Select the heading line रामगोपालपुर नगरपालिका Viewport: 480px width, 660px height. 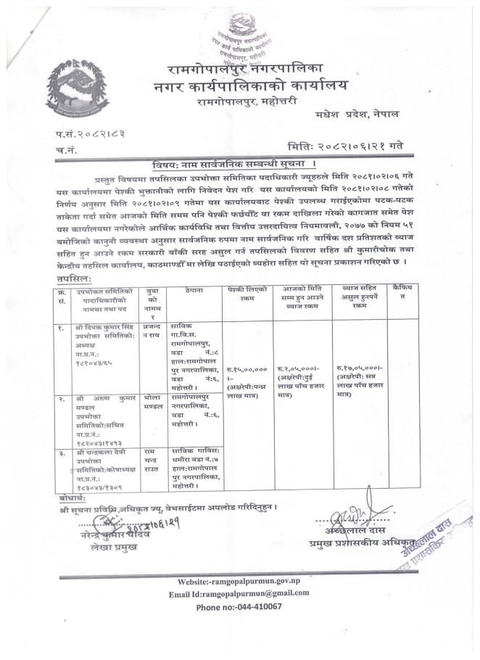point(252,70)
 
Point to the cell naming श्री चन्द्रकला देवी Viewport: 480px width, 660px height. point(98,470)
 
